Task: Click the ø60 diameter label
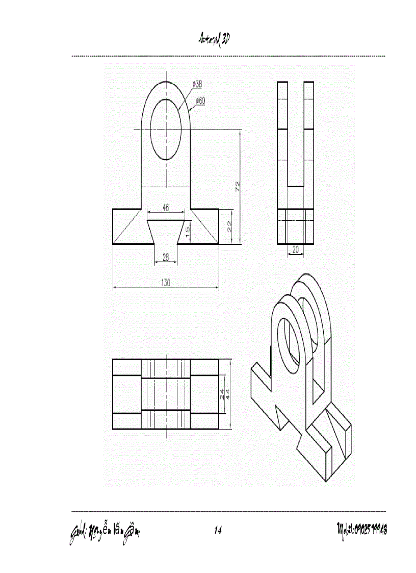pyautogui.click(x=199, y=101)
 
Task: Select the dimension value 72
pyautogui.click(x=237, y=186)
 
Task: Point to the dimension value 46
pyautogui.click(x=166, y=208)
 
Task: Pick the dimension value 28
pyautogui.click(x=166, y=258)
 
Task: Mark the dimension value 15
pyautogui.click(x=188, y=232)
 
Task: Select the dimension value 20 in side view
pyautogui.click(x=295, y=250)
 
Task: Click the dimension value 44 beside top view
pyautogui.click(x=228, y=393)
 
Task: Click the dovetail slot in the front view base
pyautogui.click(x=166, y=232)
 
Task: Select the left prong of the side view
pyautogui.click(x=282, y=133)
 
